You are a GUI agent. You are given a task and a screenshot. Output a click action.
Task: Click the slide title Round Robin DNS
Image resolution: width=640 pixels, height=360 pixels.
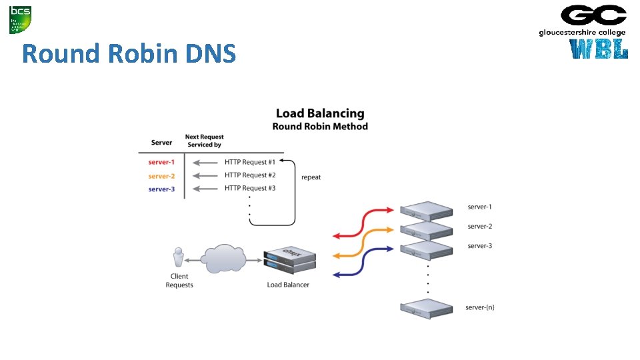(x=129, y=53)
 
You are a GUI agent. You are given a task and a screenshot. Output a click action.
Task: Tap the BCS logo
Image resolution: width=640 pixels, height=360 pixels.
(x=19, y=19)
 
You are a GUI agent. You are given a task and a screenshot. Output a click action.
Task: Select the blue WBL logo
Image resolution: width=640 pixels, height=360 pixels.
(x=599, y=49)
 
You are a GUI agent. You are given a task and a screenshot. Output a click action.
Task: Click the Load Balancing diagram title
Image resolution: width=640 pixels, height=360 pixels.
(x=320, y=114)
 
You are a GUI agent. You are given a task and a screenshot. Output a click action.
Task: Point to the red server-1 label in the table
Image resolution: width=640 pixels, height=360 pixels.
(x=161, y=163)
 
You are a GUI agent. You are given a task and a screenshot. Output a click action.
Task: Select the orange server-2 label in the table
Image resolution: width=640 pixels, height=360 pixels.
(x=161, y=176)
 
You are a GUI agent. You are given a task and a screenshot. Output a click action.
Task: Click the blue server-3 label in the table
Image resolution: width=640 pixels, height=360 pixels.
(x=161, y=189)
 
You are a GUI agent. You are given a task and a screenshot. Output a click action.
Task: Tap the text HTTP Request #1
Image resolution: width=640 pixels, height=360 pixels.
(x=250, y=162)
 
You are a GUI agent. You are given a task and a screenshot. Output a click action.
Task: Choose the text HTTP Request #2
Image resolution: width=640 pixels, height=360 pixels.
(x=250, y=175)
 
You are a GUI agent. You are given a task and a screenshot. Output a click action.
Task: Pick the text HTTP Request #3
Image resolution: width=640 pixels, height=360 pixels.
(x=250, y=188)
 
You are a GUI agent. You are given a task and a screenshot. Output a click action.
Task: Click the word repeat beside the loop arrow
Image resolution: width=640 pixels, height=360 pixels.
(x=311, y=177)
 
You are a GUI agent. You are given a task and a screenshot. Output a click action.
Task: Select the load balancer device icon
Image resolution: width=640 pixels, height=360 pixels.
(x=289, y=261)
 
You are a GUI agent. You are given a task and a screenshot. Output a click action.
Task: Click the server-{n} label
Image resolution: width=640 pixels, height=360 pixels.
(x=480, y=308)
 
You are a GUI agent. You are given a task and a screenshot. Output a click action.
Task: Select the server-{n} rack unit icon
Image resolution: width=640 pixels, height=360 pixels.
(x=425, y=309)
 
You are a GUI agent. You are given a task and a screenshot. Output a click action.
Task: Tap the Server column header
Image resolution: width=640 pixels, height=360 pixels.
(x=161, y=142)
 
